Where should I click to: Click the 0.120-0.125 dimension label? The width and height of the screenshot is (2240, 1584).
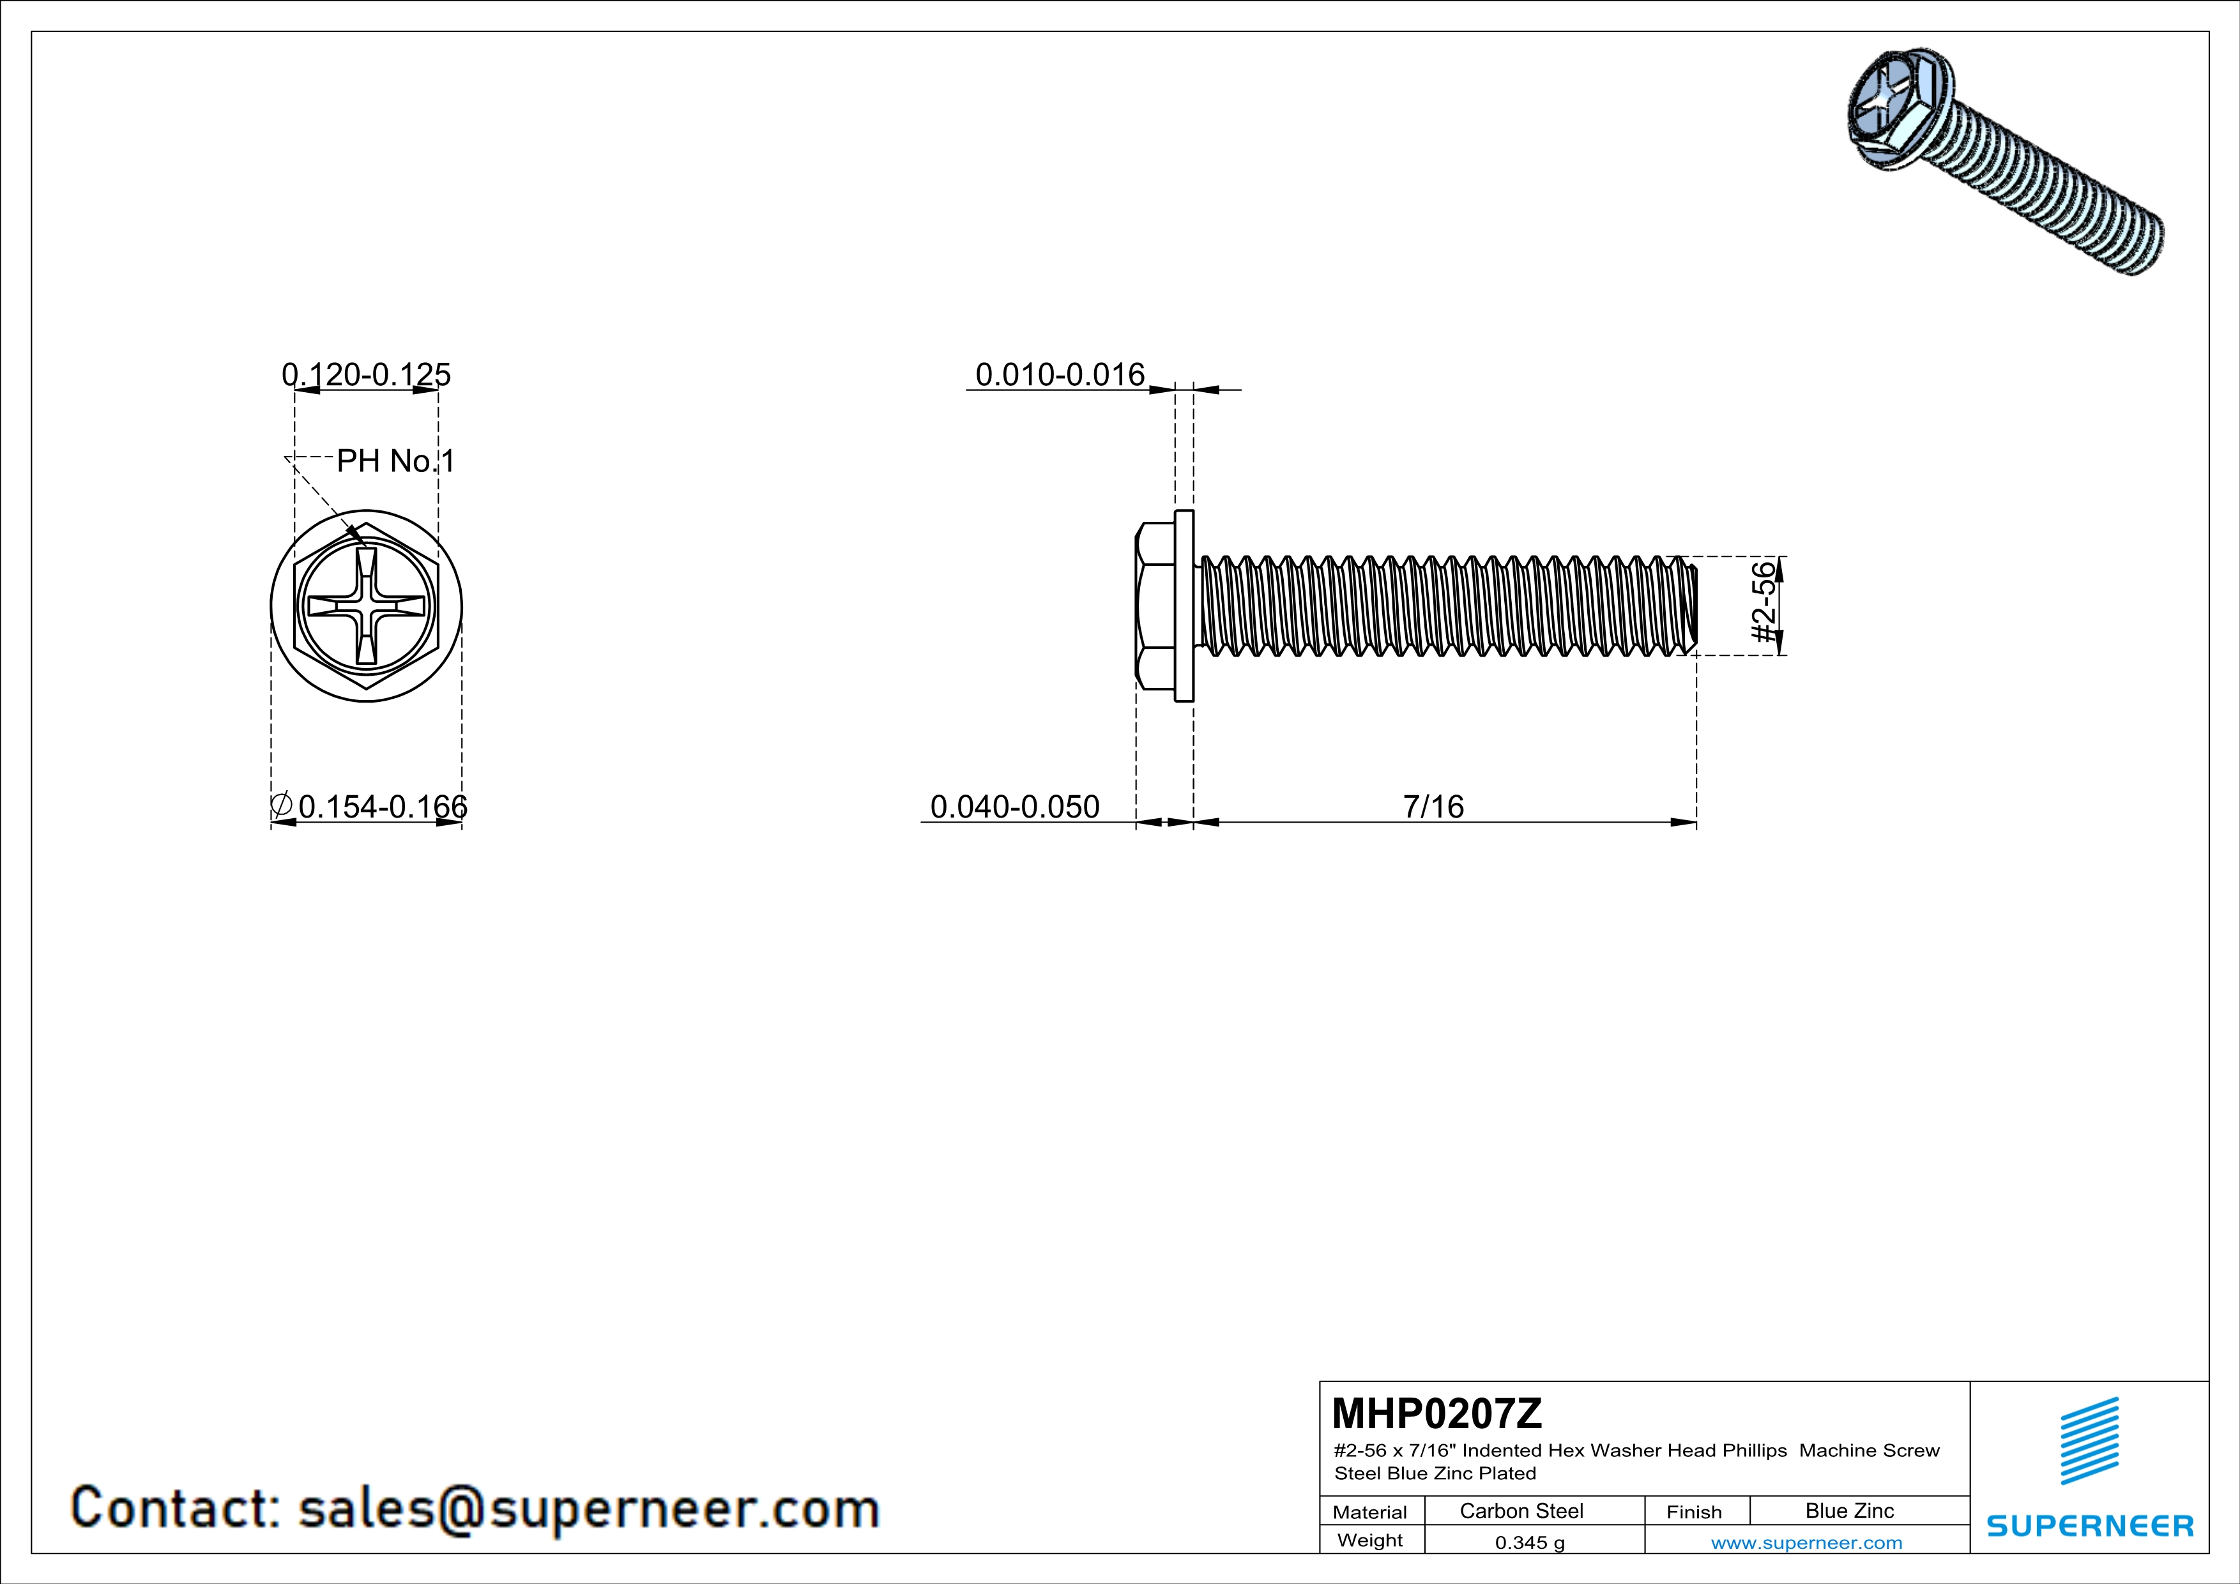366,374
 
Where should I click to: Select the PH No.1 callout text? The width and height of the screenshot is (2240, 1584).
396,461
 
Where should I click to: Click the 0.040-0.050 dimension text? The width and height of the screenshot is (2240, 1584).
1015,807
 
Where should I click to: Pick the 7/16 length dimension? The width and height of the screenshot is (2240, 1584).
1433,807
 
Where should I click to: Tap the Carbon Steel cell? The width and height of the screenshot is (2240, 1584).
1521,1511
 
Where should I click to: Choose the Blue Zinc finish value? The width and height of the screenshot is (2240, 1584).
1850,1511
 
